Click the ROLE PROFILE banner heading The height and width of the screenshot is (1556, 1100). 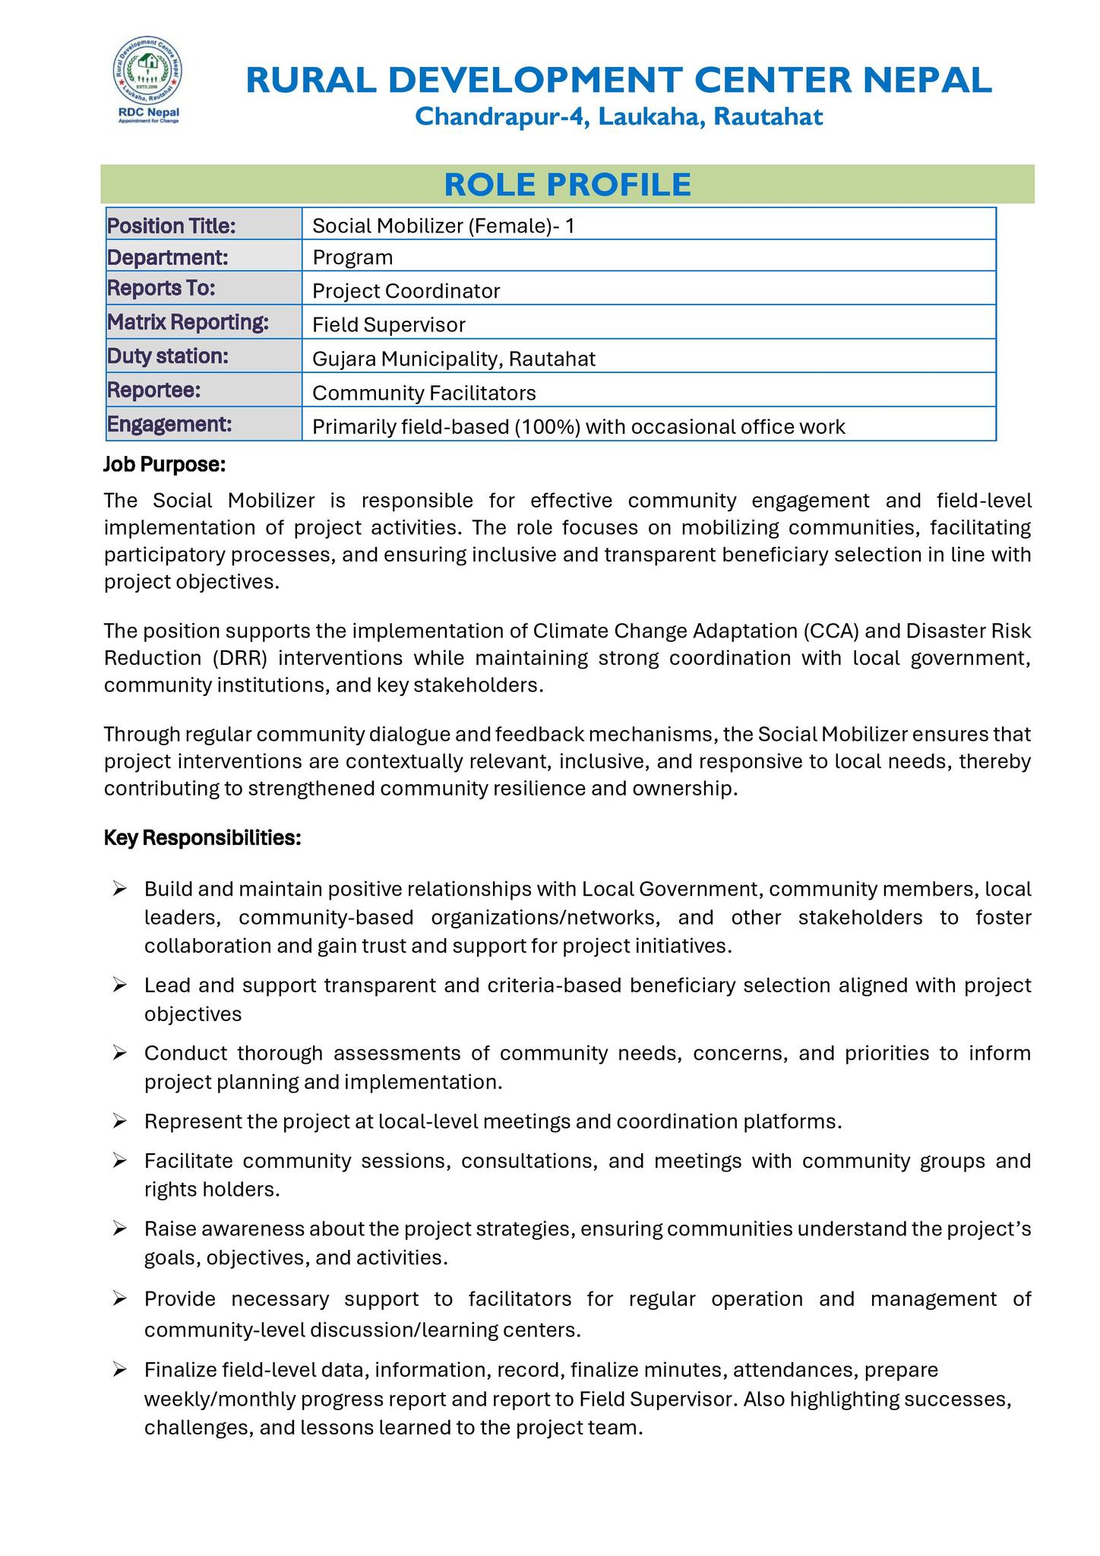click(567, 185)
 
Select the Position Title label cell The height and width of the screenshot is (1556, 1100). click(172, 226)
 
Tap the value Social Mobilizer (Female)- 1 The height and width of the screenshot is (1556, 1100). click(444, 226)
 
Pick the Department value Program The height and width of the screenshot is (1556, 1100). click(352, 258)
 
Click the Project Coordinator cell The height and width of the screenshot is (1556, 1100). click(406, 291)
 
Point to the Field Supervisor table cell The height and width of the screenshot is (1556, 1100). click(389, 325)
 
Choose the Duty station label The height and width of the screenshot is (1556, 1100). click(168, 356)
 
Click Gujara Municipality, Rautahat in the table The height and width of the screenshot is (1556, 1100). click(454, 359)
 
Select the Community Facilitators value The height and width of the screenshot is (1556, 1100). click(424, 393)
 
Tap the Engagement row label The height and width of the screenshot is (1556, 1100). click(169, 424)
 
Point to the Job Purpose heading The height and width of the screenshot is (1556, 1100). click(164, 463)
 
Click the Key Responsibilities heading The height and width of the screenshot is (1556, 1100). click(203, 838)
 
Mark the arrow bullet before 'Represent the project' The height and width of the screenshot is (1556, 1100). click(119, 1121)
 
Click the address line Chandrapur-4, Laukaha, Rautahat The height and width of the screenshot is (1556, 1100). click(619, 117)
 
